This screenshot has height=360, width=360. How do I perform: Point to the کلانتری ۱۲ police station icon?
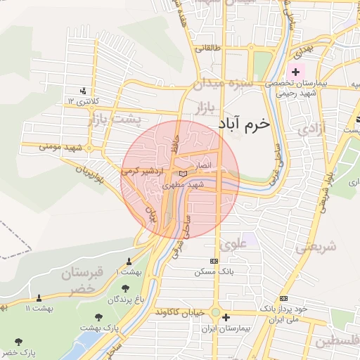pyautogui.click(x=84, y=90)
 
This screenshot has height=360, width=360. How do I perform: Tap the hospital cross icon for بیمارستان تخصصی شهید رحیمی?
pyautogui.click(x=295, y=72)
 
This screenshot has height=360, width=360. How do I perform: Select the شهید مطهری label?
pyautogui.click(x=182, y=186)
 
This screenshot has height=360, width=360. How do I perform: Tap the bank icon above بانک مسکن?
pyautogui.click(x=214, y=261)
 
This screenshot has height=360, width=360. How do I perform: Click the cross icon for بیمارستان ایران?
pyautogui.click(x=225, y=317)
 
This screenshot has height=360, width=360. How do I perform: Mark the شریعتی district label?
pyautogui.click(x=315, y=247)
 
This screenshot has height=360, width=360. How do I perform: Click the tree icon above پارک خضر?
pyautogui.click(x=19, y=342)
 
